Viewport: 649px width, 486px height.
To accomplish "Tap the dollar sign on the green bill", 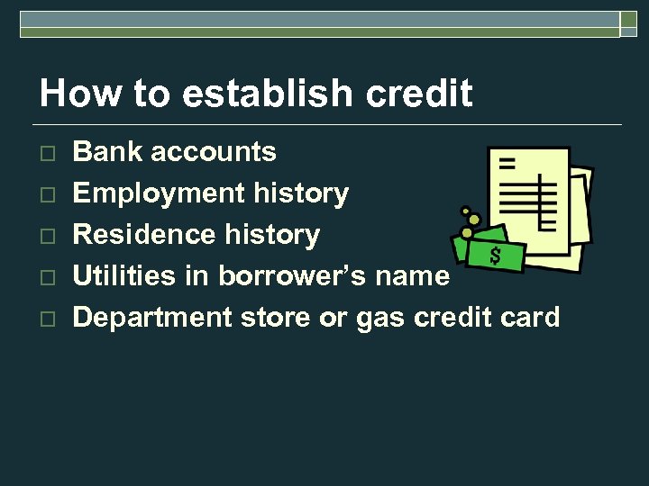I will (495, 256).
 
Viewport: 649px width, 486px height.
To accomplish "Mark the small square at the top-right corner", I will (629, 25).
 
